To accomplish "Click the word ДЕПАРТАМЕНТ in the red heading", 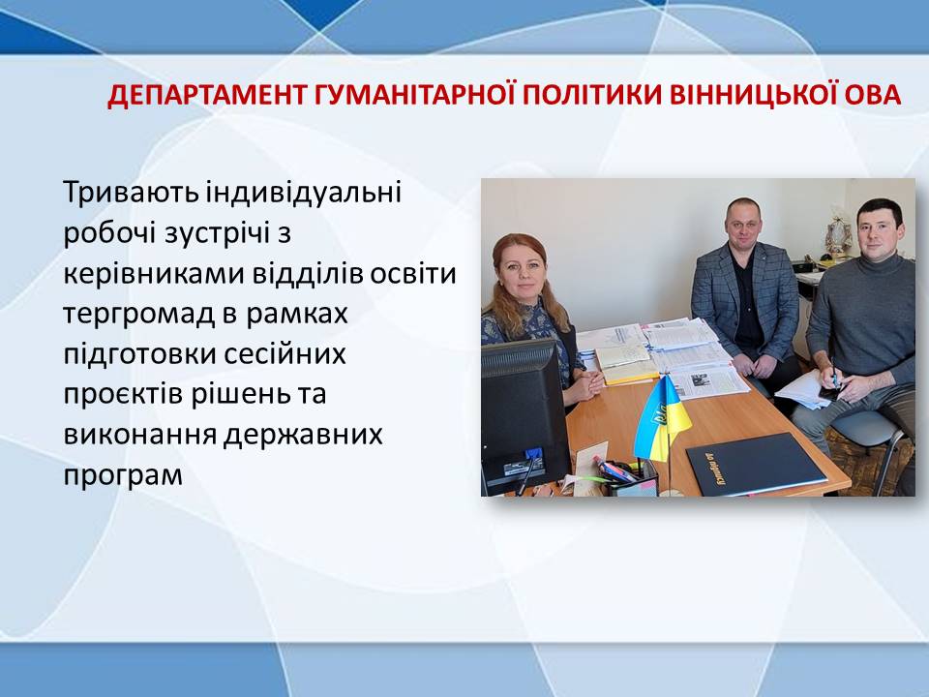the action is [207, 96].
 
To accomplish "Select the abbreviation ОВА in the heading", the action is [873, 96].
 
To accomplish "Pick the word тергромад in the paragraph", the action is [138, 314].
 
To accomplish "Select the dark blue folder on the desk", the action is [756, 464].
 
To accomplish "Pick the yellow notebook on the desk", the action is [627, 365].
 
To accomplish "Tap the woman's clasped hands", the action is [586, 386].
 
